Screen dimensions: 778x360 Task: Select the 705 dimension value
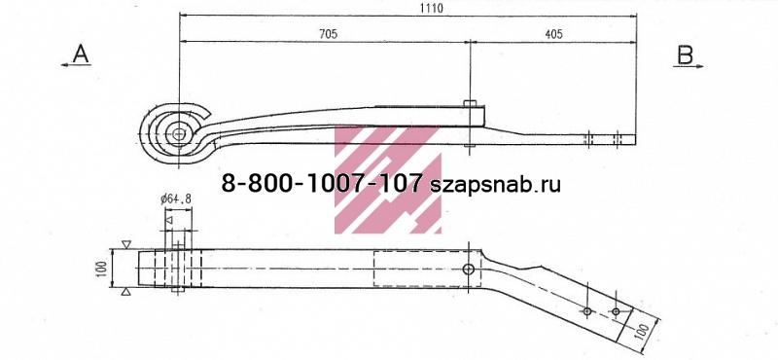click(328, 34)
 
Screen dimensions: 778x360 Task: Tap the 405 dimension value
click(553, 34)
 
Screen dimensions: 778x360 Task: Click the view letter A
click(81, 54)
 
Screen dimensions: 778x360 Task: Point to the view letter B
click(686, 55)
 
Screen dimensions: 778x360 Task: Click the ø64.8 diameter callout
click(176, 199)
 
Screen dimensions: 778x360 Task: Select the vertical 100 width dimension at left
click(103, 269)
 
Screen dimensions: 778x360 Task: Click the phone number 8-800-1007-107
click(322, 185)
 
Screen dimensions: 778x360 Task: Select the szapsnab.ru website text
click(495, 185)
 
